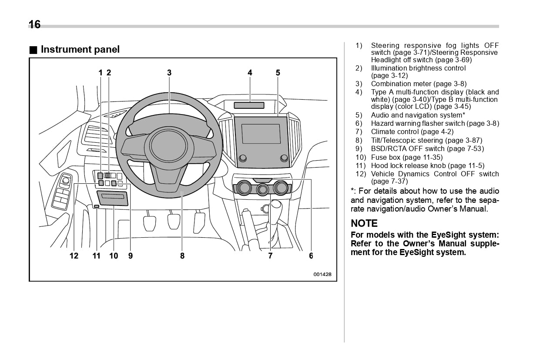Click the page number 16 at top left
click(x=34, y=24)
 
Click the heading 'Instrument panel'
click(x=80, y=50)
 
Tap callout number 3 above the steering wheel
click(x=169, y=73)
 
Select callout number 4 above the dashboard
click(x=250, y=73)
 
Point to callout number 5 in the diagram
click(x=278, y=73)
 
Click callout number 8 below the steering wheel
click(x=182, y=256)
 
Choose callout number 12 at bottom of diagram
click(x=74, y=256)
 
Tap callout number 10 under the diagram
click(x=114, y=256)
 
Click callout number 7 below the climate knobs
click(x=270, y=256)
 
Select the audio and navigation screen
click(x=261, y=134)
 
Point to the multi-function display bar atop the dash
click(x=249, y=105)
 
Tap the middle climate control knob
click(x=262, y=189)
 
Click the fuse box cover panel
click(x=113, y=199)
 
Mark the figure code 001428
click(x=322, y=274)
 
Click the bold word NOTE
click(x=364, y=223)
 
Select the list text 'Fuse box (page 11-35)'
click(x=406, y=157)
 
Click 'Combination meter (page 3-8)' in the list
click(x=418, y=84)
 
